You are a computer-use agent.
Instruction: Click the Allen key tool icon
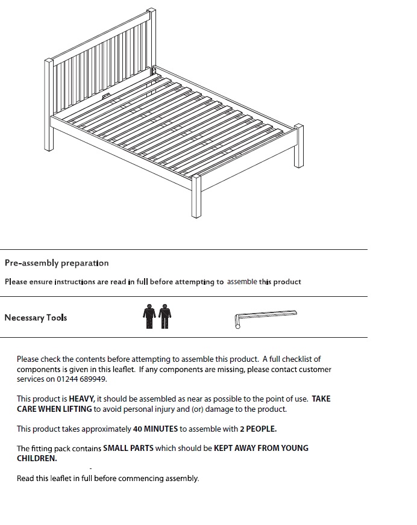click(265, 317)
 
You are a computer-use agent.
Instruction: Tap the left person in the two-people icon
click(149, 317)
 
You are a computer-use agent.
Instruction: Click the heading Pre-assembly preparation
click(57, 263)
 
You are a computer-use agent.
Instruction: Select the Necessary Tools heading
click(36, 318)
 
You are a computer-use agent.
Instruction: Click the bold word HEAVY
click(81, 399)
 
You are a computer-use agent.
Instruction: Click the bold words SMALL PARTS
click(128, 449)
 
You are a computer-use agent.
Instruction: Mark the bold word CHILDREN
click(36, 458)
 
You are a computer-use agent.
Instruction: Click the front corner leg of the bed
click(196, 199)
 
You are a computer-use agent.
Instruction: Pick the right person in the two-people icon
click(165, 317)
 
